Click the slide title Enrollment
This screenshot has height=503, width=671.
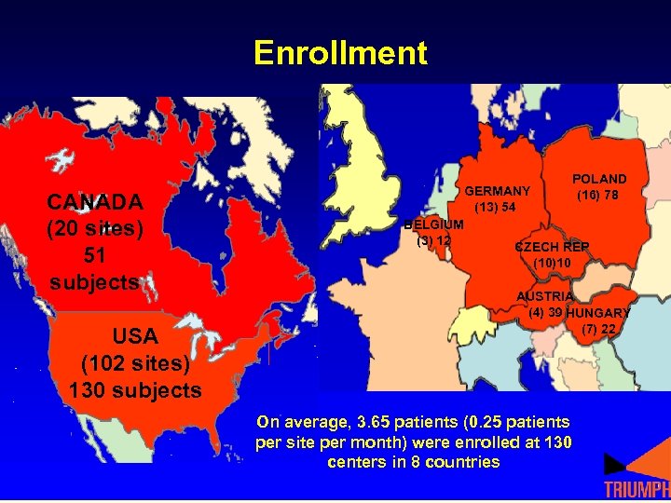[340, 52]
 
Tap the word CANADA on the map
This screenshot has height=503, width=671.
[95, 202]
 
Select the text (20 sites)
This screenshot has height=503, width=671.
[95, 228]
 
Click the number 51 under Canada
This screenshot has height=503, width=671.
[95, 255]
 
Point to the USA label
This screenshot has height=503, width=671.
[135, 335]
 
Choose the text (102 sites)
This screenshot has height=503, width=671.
[135, 362]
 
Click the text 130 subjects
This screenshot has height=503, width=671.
[135, 389]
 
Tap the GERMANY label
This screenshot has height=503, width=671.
[497, 191]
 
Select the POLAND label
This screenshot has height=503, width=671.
[599, 178]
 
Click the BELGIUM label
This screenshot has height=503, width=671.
[433, 224]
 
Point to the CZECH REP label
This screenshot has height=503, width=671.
[552, 247]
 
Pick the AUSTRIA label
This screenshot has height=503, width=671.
[545, 296]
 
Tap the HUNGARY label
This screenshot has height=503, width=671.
[598, 313]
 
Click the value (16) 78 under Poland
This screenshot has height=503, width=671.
[597, 195]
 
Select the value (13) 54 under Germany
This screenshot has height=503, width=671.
[496, 207]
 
